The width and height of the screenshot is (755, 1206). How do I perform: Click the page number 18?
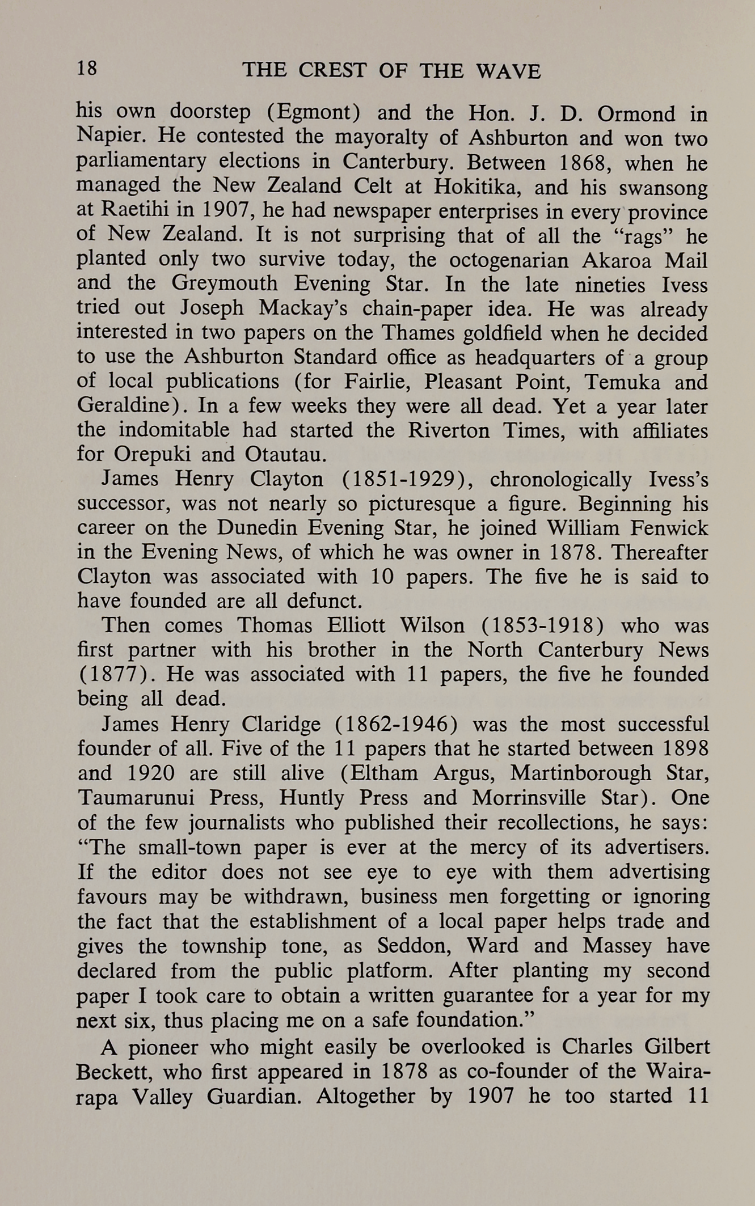[x=87, y=69]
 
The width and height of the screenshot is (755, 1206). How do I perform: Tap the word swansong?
[x=664, y=188]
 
